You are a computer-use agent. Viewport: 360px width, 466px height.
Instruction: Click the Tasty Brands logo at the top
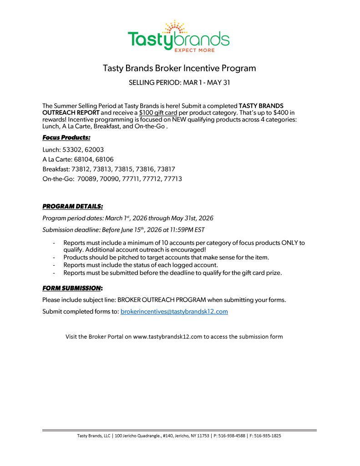tap(178, 36)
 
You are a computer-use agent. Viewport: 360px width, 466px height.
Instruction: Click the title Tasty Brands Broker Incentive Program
tap(179, 68)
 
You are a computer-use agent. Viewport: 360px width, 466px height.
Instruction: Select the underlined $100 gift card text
tap(158, 112)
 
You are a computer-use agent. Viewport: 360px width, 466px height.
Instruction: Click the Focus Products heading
tap(66, 137)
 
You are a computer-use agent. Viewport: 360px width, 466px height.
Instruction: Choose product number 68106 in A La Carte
tap(105, 159)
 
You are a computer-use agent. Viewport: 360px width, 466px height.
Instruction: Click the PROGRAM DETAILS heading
tap(73, 206)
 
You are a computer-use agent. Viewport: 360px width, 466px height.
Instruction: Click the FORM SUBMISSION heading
tap(72, 288)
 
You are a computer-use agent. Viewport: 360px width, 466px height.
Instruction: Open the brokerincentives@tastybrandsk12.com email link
tap(174, 312)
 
